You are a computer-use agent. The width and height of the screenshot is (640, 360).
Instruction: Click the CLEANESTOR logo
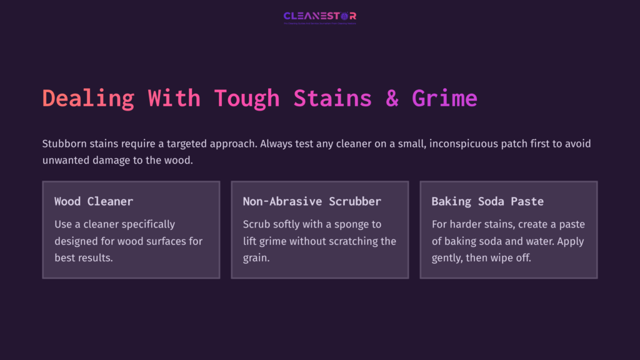[319, 16]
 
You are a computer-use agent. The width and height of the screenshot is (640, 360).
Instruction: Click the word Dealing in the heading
[88, 98]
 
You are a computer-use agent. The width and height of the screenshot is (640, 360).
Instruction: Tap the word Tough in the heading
[247, 98]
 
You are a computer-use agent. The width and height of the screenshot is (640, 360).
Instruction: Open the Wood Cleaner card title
[94, 201]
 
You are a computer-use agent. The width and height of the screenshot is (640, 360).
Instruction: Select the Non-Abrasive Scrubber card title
[312, 201]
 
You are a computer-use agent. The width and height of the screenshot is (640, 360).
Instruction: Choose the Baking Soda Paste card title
[487, 201]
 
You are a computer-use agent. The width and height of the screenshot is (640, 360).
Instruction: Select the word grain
[256, 257]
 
